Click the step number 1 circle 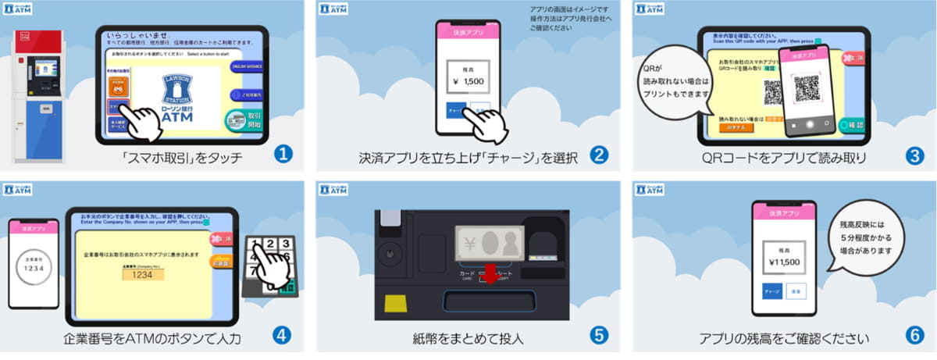(283, 155)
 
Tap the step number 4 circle (282, 335)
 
